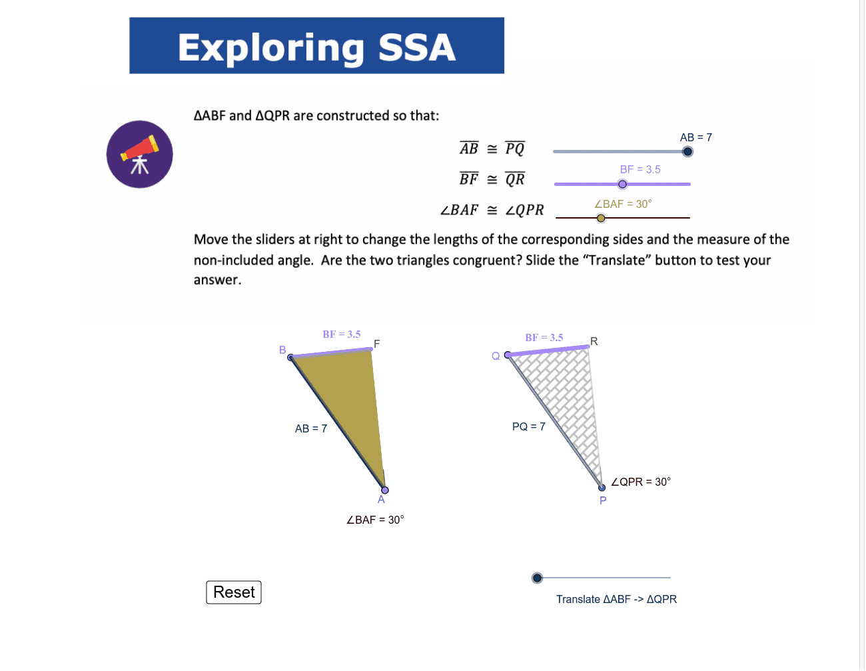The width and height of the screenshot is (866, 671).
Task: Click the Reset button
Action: pos(234,592)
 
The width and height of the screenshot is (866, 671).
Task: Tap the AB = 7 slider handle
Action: pos(687,151)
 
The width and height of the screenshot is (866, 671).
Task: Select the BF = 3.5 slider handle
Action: pos(623,185)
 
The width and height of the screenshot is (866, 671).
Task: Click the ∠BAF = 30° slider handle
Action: pos(601,218)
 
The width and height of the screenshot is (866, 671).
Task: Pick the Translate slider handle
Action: pos(538,578)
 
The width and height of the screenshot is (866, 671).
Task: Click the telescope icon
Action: pos(140,155)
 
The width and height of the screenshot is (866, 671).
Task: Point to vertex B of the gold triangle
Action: pos(290,358)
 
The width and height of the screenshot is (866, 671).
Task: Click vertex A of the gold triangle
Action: pos(384,490)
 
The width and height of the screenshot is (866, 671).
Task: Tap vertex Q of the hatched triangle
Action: pos(508,354)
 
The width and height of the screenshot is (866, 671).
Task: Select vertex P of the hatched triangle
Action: pos(602,488)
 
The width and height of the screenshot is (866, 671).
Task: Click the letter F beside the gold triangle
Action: pos(377,344)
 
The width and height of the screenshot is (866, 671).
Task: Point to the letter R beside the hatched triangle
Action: pos(594,341)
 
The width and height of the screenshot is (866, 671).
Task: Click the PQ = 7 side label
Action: pos(528,426)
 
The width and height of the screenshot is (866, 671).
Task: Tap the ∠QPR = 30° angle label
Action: pos(641,482)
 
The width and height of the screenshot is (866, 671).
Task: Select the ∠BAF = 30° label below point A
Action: pos(375,520)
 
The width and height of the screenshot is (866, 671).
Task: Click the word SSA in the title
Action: pos(417,48)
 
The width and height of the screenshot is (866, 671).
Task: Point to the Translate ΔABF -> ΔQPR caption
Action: pos(616,599)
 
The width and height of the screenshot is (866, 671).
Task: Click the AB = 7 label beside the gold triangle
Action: pos(311,428)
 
